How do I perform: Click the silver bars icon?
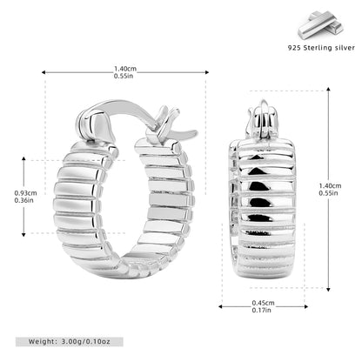click(x=321, y=25)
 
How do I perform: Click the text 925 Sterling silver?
click(x=321, y=48)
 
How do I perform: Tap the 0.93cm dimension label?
click(x=26, y=193)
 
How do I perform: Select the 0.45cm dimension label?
click(x=263, y=303)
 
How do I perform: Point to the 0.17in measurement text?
click(x=262, y=310)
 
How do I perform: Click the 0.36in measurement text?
click(x=24, y=200)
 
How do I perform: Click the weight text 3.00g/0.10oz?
click(x=86, y=342)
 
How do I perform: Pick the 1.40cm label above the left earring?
click(x=125, y=69)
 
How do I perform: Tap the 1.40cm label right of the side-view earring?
click(x=330, y=185)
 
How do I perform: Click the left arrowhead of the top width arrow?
click(x=44, y=72)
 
